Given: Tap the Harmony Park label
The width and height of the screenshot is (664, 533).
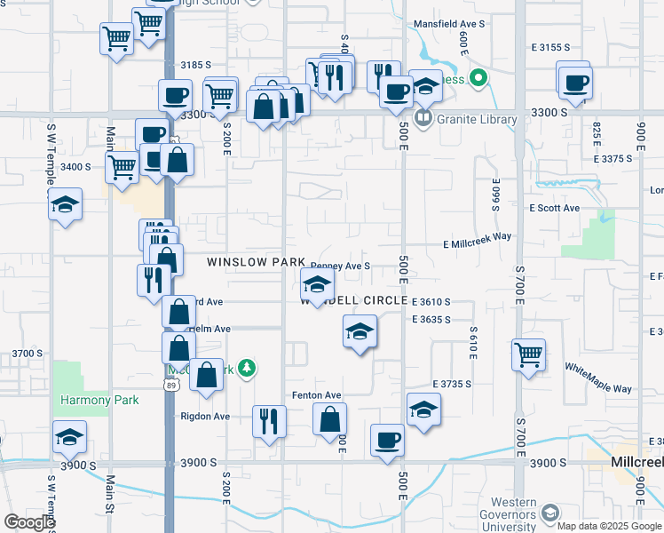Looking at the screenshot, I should point(99,400).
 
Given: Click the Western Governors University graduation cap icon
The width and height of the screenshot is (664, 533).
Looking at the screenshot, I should point(550,513).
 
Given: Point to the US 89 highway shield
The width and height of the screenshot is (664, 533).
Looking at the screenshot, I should point(172,384).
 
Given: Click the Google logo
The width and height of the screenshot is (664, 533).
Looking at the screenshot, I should point(28,522).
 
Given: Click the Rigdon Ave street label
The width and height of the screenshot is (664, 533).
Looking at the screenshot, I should point(206,417).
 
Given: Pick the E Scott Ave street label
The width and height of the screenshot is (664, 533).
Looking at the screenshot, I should point(554,208).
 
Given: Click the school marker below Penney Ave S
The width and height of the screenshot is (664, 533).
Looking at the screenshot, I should point(316,284).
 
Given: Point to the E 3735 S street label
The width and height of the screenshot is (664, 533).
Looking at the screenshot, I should point(450,383).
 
